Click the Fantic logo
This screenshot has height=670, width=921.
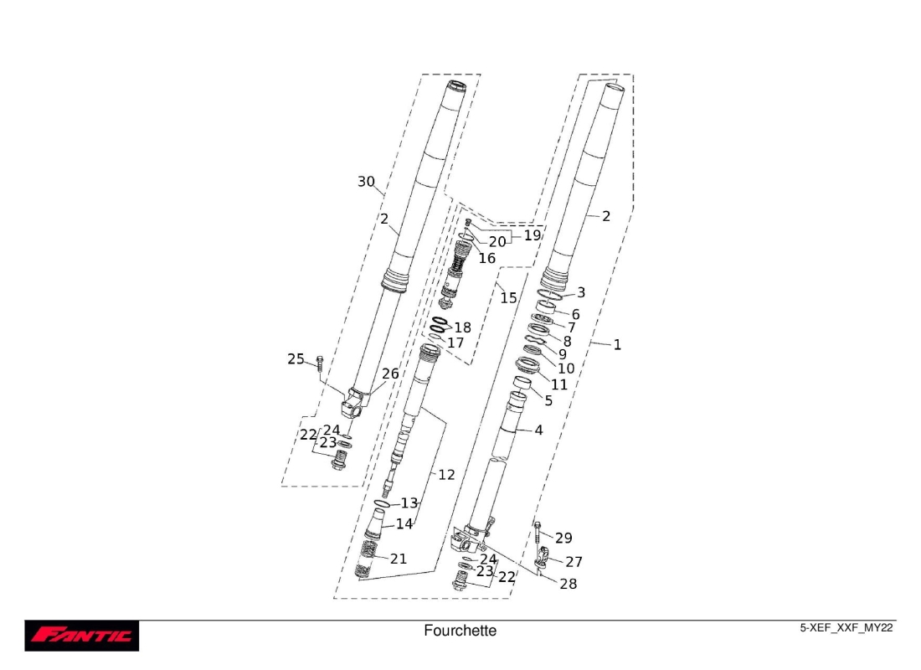click(x=81, y=636)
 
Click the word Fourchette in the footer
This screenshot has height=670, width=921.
click(x=460, y=631)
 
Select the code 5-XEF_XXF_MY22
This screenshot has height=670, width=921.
click(x=846, y=628)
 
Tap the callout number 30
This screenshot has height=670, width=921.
click(x=366, y=182)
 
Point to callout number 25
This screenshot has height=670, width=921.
click(x=296, y=359)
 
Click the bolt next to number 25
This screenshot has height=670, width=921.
click(x=319, y=363)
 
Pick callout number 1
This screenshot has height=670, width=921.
click(x=617, y=344)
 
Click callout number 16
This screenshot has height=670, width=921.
click(x=487, y=259)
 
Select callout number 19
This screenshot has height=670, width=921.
click(x=533, y=236)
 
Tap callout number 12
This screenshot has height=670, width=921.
click(x=446, y=475)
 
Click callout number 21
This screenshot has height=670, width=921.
click(x=398, y=559)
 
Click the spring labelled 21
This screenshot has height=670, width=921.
click(x=367, y=559)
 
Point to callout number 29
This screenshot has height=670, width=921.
click(x=563, y=539)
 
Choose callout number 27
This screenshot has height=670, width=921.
click(x=574, y=562)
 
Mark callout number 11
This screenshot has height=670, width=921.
click(x=558, y=384)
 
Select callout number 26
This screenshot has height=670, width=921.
click(x=390, y=374)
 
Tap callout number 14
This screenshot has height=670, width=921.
click(x=404, y=524)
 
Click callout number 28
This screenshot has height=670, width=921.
click(x=568, y=584)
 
